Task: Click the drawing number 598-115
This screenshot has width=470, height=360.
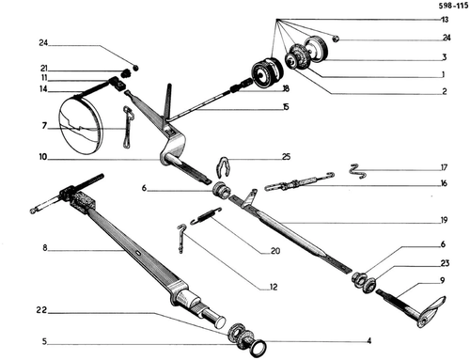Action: pyautogui.click(x=453, y=7)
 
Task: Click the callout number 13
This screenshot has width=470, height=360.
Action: pyautogui.click(x=445, y=20)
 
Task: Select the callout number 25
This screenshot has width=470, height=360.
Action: pyautogui.click(x=286, y=156)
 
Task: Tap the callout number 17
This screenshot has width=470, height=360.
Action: pyautogui.click(x=444, y=167)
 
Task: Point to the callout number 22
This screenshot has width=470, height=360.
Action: pyautogui.click(x=41, y=310)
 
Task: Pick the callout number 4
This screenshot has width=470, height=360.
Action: pyautogui.click(x=369, y=340)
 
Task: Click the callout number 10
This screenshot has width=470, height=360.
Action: pyautogui.click(x=42, y=157)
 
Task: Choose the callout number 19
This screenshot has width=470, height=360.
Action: pyautogui.click(x=444, y=220)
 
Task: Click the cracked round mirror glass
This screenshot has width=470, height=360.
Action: pyautogui.click(x=81, y=125)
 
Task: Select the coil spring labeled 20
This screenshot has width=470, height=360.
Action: pyautogui.click(x=206, y=216)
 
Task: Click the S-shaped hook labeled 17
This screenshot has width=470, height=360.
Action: pyautogui.click(x=357, y=171)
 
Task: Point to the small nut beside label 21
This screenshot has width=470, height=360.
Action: pyautogui.click(x=125, y=74)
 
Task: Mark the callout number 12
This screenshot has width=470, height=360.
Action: pyautogui.click(x=274, y=287)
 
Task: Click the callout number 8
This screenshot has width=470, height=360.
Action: pyautogui.click(x=45, y=248)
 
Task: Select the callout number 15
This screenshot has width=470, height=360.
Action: pyautogui.click(x=286, y=107)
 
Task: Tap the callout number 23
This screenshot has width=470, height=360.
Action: pyautogui.click(x=445, y=263)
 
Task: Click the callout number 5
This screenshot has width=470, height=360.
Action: pyautogui.click(x=44, y=341)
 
